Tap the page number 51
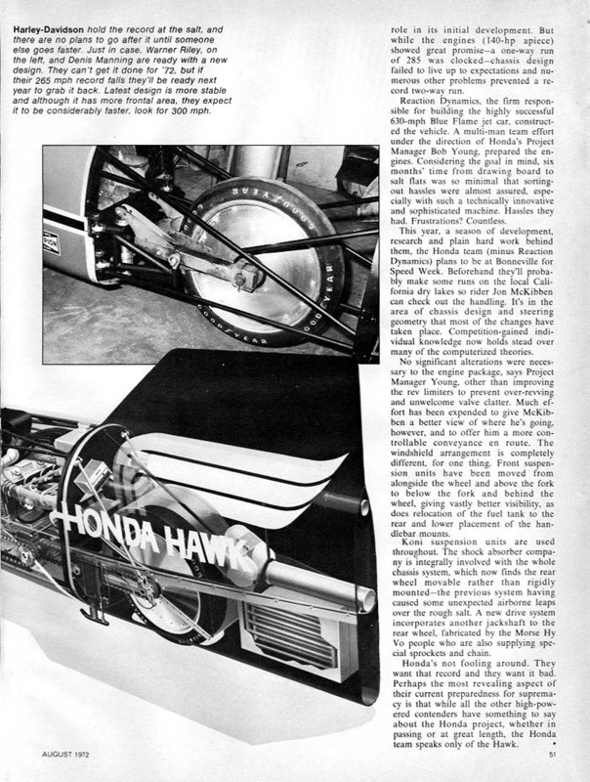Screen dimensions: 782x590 (552, 753)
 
